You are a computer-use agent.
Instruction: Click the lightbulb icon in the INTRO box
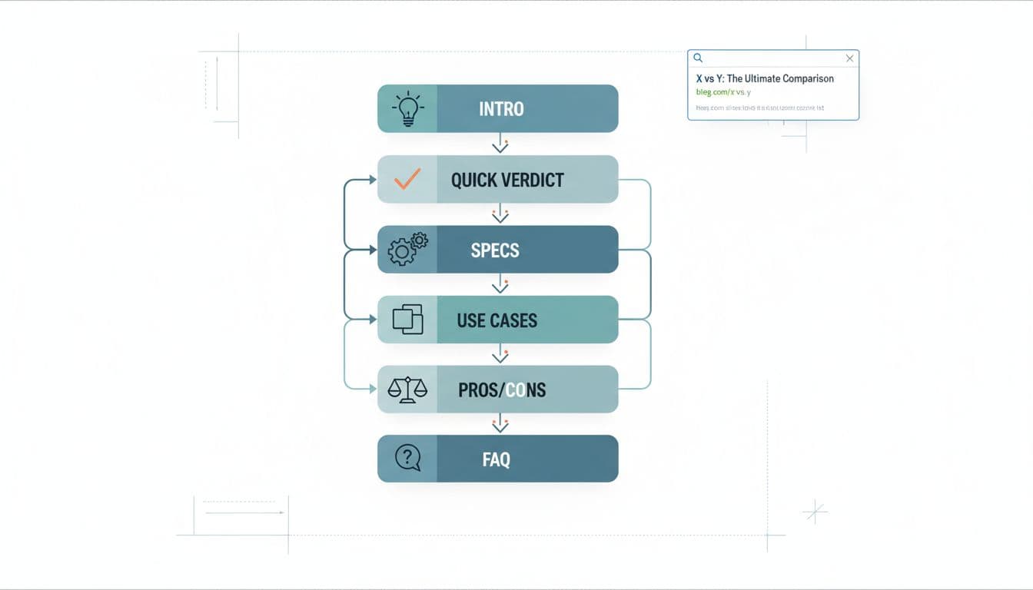click(407, 109)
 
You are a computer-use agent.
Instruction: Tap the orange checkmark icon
click(407, 179)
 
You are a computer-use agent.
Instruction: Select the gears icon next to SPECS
click(407, 249)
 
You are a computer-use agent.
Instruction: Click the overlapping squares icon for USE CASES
click(407, 319)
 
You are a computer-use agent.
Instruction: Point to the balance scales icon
click(407, 389)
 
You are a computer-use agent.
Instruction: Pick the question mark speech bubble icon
click(407, 459)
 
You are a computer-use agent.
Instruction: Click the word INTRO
click(501, 109)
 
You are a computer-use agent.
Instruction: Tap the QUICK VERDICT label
click(507, 180)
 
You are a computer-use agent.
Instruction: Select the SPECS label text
click(495, 250)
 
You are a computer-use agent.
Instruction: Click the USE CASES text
click(497, 320)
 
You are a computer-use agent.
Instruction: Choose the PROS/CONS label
click(502, 389)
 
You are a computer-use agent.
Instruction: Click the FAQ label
click(497, 459)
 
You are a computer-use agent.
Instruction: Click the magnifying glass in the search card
click(698, 58)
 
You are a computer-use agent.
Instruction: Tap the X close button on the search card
click(849, 58)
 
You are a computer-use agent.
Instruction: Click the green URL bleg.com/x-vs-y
click(723, 92)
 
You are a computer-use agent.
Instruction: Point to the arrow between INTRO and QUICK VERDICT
click(500, 144)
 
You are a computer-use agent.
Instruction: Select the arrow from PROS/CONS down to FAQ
click(500, 423)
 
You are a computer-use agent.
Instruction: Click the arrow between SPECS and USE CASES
click(500, 284)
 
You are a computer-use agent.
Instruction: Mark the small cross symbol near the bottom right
click(814, 511)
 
